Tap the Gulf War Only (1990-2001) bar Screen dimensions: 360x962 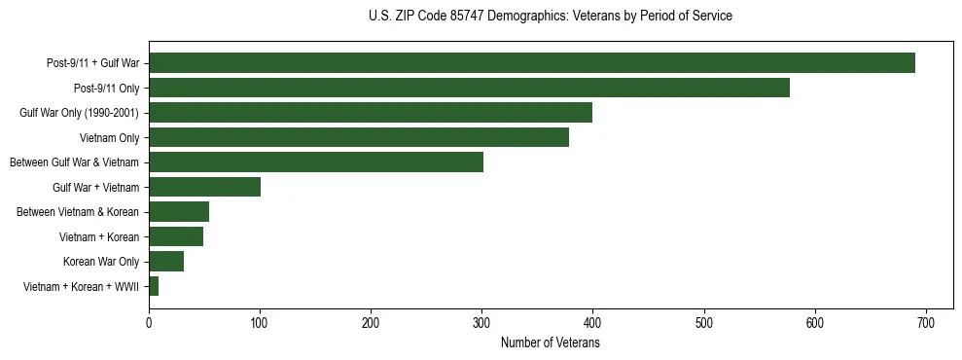(x=371, y=113)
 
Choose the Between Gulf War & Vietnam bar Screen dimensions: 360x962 (x=316, y=162)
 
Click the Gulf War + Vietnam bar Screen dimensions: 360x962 (x=204, y=187)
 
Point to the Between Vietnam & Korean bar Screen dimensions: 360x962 (x=179, y=212)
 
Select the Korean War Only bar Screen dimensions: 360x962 (x=166, y=262)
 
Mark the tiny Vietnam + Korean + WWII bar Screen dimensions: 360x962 (x=154, y=286)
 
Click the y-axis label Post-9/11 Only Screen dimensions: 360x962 (x=106, y=89)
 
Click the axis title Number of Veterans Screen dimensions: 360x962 (x=550, y=343)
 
